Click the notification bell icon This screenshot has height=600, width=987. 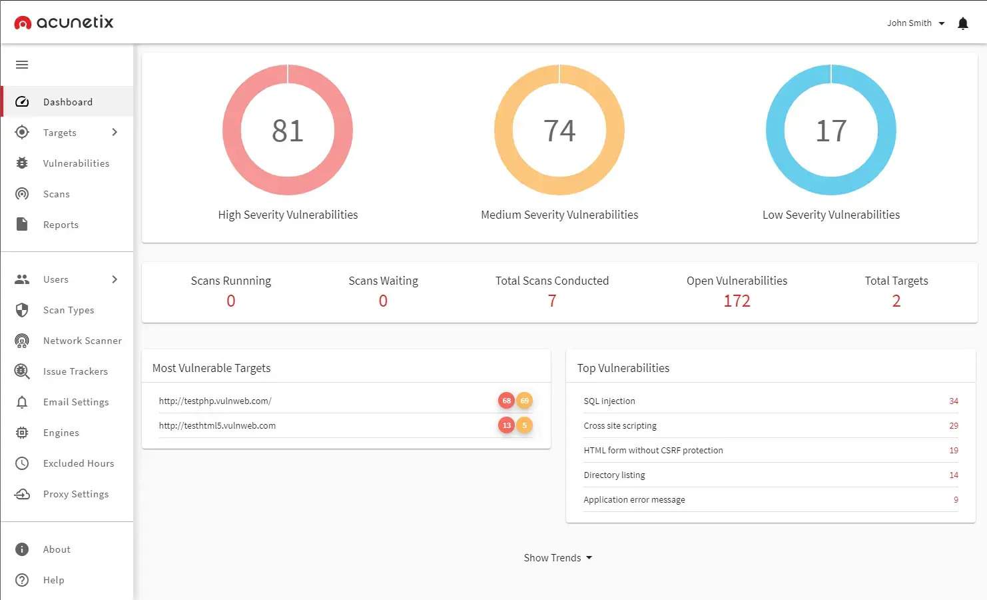pyautogui.click(x=962, y=23)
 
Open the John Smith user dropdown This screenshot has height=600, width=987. pyautogui.click(x=916, y=23)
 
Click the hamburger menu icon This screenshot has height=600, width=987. pyautogui.click(x=22, y=65)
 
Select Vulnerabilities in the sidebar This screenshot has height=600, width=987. pyautogui.click(x=76, y=163)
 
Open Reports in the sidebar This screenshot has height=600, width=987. pyautogui.click(x=61, y=225)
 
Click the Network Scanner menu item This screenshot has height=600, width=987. pyautogui.click(x=82, y=341)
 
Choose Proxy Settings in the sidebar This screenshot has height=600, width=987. pyautogui.click(x=75, y=494)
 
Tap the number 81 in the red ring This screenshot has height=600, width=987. pyautogui.click(x=288, y=131)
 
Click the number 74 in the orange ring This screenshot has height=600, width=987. pyautogui.click(x=559, y=131)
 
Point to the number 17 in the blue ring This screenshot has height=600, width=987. pyautogui.click(x=831, y=131)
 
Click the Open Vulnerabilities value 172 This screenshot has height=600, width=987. pyautogui.click(x=737, y=301)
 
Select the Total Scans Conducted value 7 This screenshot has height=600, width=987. pyautogui.click(x=552, y=301)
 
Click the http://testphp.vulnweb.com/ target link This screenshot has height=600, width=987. pyautogui.click(x=215, y=401)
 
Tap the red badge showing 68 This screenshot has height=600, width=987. pyautogui.click(x=506, y=401)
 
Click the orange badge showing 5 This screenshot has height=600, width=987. pyautogui.click(x=525, y=425)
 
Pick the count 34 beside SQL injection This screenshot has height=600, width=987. pyautogui.click(x=954, y=401)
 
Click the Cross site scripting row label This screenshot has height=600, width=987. pyautogui.click(x=620, y=426)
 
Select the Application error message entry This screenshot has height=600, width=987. pyautogui.click(x=634, y=500)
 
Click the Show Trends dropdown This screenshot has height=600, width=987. pyautogui.click(x=557, y=558)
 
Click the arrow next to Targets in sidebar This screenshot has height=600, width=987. pyautogui.click(x=115, y=132)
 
